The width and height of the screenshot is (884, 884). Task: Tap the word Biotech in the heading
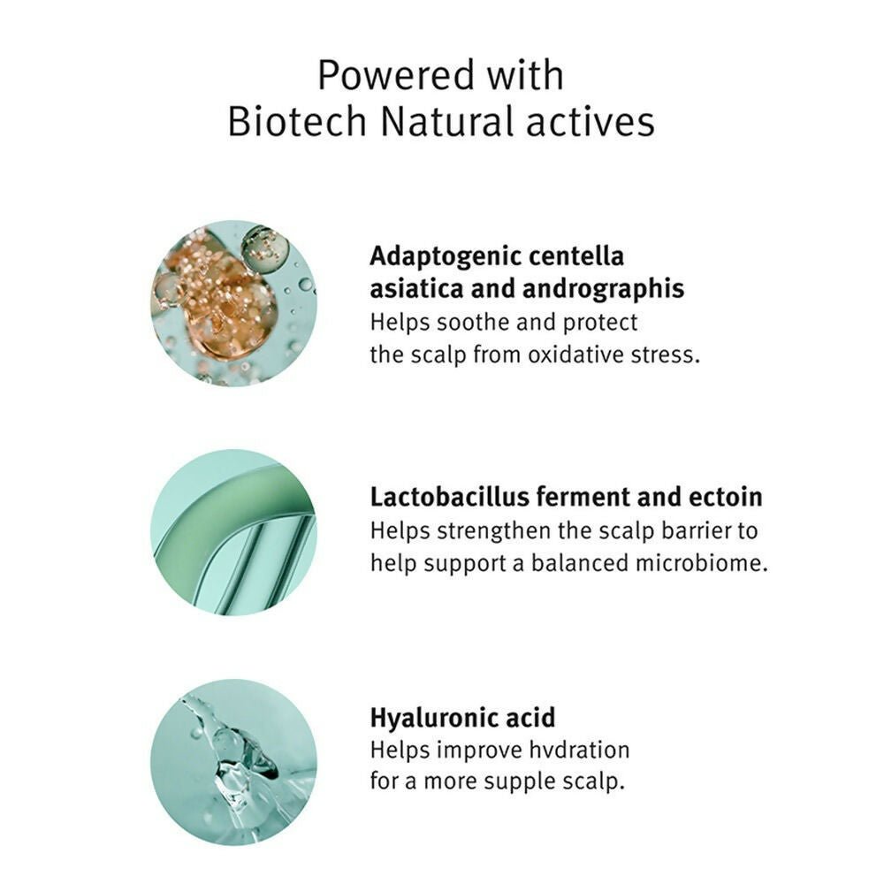tap(297, 121)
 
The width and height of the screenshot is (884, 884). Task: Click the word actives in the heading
tap(591, 122)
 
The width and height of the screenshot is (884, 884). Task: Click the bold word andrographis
tap(603, 290)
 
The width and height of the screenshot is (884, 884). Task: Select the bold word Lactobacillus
tap(449, 497)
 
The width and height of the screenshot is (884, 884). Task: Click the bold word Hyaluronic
tap(433, 719)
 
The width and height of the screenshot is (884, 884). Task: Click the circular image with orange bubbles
tap(233, 303)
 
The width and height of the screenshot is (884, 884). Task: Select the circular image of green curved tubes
tap(233, 532)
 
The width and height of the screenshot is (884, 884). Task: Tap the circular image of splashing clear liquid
tap(233, 762)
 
